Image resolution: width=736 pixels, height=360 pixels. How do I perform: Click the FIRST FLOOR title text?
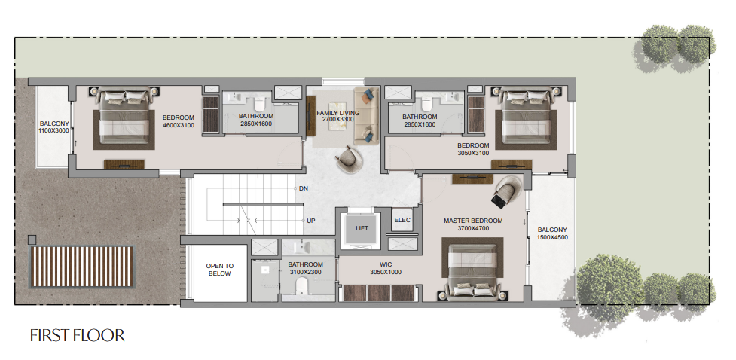click(78, 336)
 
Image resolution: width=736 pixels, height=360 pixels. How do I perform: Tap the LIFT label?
click(362, 228)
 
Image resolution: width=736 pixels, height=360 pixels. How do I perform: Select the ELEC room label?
click(402, 220)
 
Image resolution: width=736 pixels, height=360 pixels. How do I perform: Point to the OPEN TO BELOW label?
click(220, 270)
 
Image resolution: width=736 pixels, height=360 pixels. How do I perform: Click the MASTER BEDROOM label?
click(473, 221)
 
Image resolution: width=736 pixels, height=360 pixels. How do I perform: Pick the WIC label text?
click(386, 264)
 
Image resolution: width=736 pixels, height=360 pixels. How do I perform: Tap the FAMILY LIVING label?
click(338, 113)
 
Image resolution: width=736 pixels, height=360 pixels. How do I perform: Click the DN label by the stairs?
click(304, 189)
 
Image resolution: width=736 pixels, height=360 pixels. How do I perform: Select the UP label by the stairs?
click(310, 221)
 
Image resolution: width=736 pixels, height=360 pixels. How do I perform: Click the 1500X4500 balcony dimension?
click(552, 237)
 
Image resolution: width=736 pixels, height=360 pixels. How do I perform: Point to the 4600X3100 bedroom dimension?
click(179, 125)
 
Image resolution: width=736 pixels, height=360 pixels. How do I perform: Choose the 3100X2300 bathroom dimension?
click(306, 272)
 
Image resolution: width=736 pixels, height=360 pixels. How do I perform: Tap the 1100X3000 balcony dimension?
click(54, 130)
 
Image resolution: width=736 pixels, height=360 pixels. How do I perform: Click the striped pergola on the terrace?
click(81, 267)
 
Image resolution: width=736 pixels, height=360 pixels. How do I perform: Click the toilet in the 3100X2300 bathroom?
click(301, 286)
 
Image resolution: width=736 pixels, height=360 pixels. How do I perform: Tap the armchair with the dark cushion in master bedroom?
click(505, 191)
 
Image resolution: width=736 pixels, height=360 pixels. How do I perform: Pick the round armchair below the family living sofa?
click(349, 160)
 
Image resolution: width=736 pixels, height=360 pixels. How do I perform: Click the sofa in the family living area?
click(366, 115)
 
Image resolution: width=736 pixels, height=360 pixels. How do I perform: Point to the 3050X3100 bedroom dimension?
click(473, 153)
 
